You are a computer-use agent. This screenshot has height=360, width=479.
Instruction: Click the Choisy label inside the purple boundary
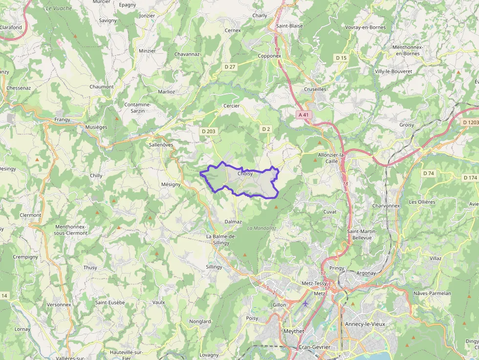click(x=245, y=173)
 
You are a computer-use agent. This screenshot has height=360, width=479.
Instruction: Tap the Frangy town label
click(x=62, y=120)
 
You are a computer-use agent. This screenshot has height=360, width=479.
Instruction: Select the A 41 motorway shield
click(x=304, y=115)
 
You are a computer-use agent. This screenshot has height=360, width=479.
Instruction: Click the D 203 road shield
click(x=208, y=131)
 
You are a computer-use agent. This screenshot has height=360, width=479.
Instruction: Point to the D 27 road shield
click(x=230, y=66)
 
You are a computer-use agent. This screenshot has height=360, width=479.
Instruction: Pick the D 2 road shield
click(x=266, y=129)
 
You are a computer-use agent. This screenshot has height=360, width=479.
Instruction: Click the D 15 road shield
click(x=341, y=58)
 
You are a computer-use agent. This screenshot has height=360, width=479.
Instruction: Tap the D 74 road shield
click(x=429, y=173)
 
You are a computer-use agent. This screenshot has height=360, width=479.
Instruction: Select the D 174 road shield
click(x=470, y=178)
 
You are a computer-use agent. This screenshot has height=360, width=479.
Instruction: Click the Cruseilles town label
click(x=315, y=89)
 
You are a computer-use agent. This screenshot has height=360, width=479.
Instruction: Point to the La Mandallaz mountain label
click(x=262, y=228)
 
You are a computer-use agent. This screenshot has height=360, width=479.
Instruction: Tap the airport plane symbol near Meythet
click(x=306, y=303)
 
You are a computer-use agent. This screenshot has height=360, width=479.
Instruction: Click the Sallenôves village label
click(x=161, y=145)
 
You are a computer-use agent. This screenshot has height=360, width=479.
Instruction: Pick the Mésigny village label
click(x=171, y=185)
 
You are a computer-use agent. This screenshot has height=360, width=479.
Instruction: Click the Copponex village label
click(x=270, y=56)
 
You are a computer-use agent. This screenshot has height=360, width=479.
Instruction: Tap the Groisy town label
click(x=407, y=125)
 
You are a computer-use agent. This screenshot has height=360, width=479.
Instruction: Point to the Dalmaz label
click(x=233, y=222)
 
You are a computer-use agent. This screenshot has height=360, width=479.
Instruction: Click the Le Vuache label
click(x=59, y=8)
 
